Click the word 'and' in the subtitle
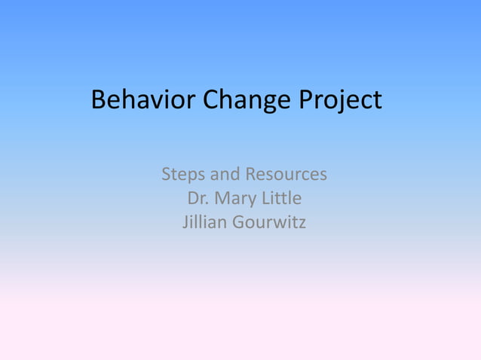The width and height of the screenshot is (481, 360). tap(224, 175)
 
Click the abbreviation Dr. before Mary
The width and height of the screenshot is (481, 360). tap(196, 199)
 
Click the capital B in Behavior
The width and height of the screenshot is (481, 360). tap(98, 100)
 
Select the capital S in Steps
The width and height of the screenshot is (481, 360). tap(166, 175)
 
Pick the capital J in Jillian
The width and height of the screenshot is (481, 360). tap(186, 223)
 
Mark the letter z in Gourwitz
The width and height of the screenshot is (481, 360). tap(302, 224)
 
